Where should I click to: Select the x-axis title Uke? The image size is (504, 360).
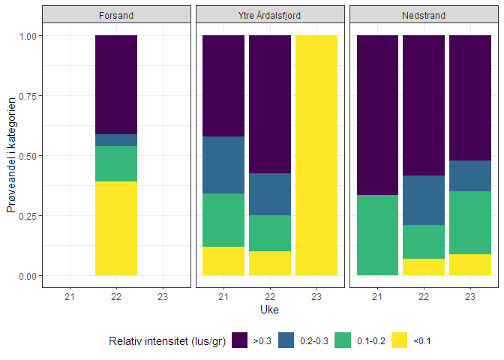click(x=270, y=310)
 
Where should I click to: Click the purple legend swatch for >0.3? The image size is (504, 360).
click(x=241, y=341)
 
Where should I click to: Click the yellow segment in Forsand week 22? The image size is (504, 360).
click(x=116, y=229)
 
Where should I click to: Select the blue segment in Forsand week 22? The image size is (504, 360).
click(x=116, y=140)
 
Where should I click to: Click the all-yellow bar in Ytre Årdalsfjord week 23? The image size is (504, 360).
click(x=316, y=155)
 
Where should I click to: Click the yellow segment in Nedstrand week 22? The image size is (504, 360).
click(x=424, y=267)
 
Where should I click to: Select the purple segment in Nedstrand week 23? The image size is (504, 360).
click(x=470, y=97)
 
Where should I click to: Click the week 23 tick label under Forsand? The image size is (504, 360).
click(x=163, y=297)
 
